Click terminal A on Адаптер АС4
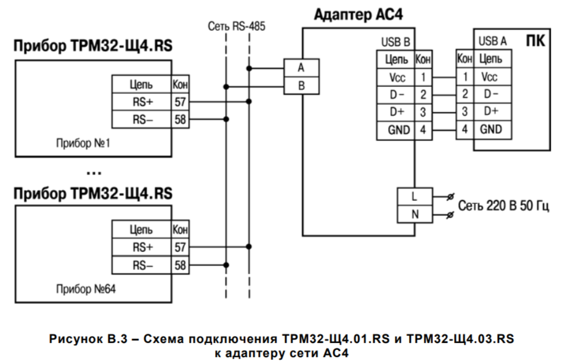pyautogui.click(x=301, y=68)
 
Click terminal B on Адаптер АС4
pyautogui.click(x=301, y=86)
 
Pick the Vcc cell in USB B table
pyautogui.click(x=395, y=78)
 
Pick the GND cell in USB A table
pyautogui.click(x=491, y=129)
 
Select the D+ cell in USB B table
pyautogui.click(x=395, y=112)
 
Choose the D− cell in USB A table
pyautogui.click(x=491, y=95)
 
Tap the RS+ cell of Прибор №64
pyautogui.click(x=142, y=248)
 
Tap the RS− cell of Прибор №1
pyautogui.click(x=142, y=119)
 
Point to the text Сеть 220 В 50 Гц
pyautogui.click(x=503, y=205)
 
